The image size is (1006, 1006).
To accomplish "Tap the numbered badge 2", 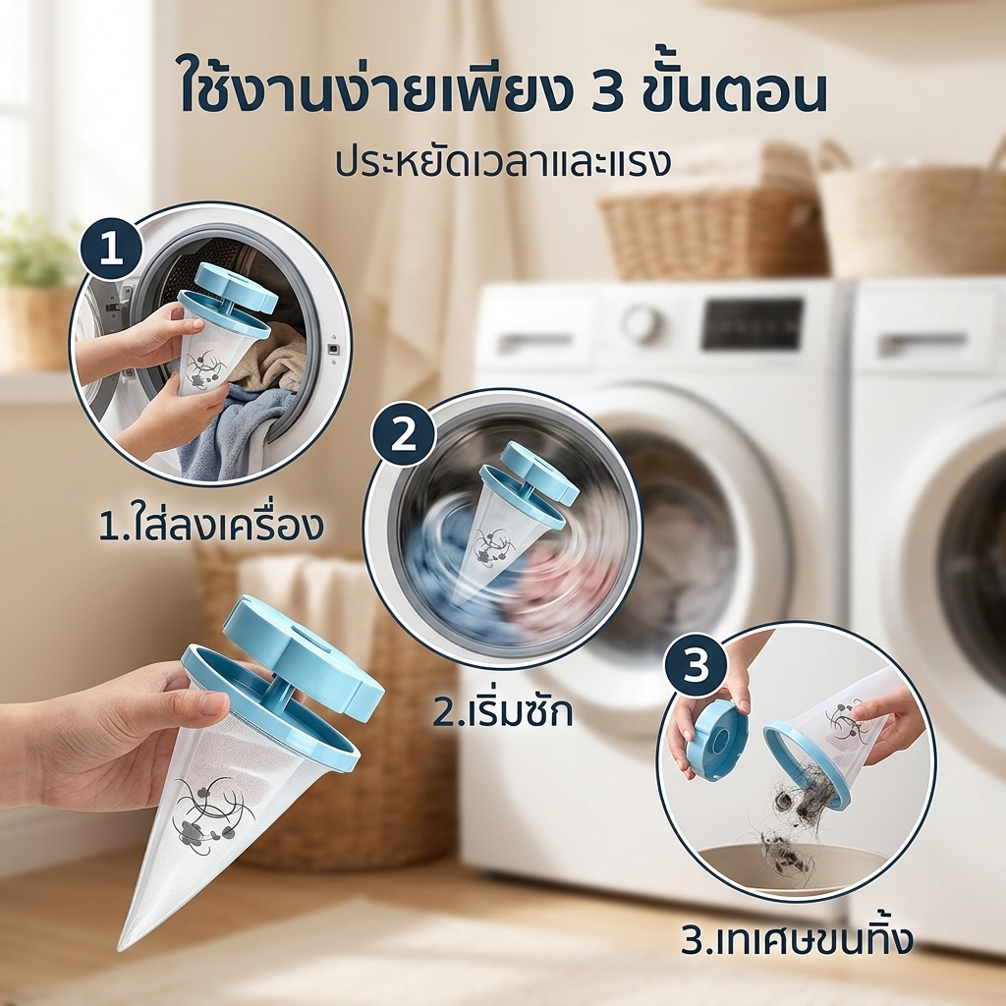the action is (404, 436).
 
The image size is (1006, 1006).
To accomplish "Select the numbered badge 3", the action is (696, 666).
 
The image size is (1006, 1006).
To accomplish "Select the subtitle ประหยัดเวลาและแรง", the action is (502, 162).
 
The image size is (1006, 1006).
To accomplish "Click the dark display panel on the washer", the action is (752, 323).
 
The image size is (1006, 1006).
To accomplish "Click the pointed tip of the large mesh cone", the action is (123, 947).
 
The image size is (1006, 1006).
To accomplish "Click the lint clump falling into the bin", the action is (780, 843).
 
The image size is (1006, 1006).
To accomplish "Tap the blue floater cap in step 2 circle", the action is (530, 473).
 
